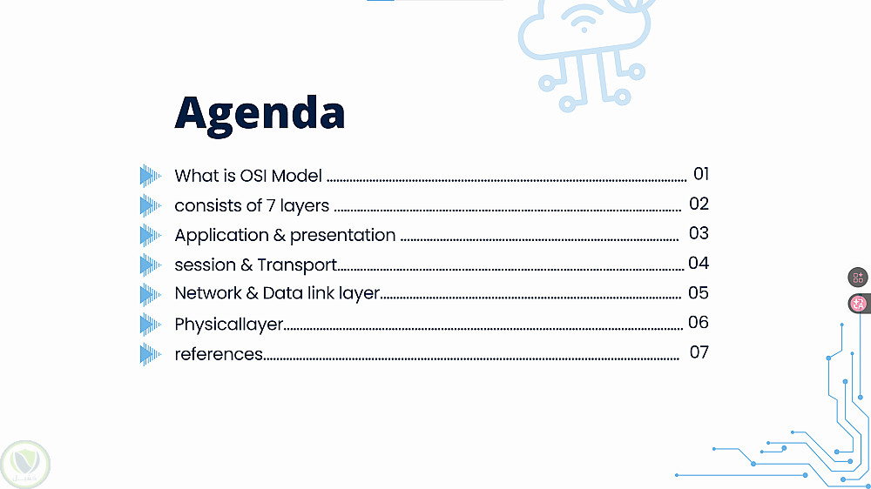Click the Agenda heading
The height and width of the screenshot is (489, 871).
[260, 114]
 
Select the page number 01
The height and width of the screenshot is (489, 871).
[701, 174]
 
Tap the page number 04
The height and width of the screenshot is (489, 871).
[699, 263]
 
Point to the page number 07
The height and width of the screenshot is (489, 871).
[699, 352]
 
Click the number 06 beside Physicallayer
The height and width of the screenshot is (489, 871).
[699, 322]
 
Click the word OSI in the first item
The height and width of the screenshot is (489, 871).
[253, 176]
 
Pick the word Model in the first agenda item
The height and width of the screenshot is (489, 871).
[297, 176]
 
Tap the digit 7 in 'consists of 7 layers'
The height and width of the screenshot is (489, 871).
[271, 205]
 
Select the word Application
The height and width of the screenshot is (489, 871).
[221, 236]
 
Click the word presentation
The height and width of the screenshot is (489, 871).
[342, 236]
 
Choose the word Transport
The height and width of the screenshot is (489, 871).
[297, 265]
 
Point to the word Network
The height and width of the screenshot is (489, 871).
[208, 293]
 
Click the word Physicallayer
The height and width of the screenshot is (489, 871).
[229, 325]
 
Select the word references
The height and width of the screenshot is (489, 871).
[219, 354]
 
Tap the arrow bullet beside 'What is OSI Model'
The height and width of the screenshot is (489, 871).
[150, 176]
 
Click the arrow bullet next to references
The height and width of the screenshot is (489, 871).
[150, 354]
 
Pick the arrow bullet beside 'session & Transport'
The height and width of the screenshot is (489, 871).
[150, 265]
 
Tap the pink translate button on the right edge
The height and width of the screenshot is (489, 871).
[858, 304]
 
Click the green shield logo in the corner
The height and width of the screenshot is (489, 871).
[25, 465]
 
